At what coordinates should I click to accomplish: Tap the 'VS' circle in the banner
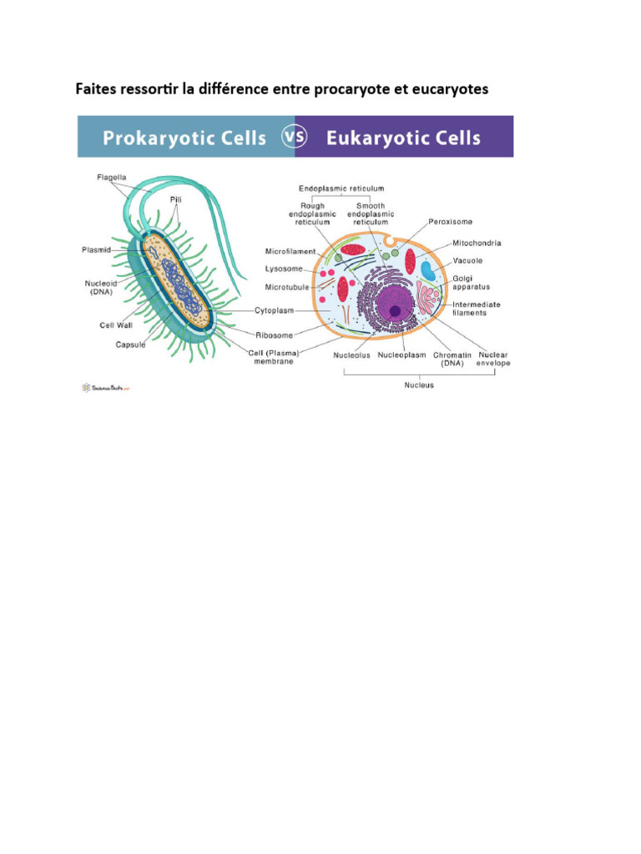(x=295, y=137)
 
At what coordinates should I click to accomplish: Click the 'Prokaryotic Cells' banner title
(x=184, y=137)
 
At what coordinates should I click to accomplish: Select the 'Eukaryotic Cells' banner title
(x=403, y=137)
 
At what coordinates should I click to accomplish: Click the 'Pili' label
(x=176, y=200)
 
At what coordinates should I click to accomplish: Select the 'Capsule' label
(x=130, y=344)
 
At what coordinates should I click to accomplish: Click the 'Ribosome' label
(x=274, y=335)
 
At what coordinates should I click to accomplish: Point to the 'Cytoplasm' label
(x=275, y=310)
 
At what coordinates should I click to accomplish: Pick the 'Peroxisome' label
(x=451, y=223)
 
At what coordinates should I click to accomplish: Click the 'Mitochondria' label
(x=477, y=244)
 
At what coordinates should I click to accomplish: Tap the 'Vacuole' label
(x=467, y=260)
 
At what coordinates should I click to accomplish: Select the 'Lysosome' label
(x=285, y=269)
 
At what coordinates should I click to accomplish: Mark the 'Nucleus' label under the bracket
(x=419, y=385)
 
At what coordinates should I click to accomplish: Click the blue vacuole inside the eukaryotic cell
(x=427, y=270)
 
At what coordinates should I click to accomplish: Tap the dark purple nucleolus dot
(x=395, y=310)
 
